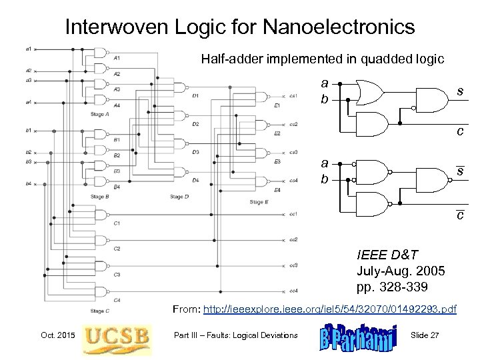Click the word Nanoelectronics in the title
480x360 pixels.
click(334, 27)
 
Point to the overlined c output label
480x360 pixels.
click(459, 215)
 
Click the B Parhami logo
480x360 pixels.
click(357, 333)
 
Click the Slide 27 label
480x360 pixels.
click(425, 334)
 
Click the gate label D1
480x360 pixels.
click(195, 96)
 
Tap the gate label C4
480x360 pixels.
click(117, 299)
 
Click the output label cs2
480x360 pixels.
click(293, 125)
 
